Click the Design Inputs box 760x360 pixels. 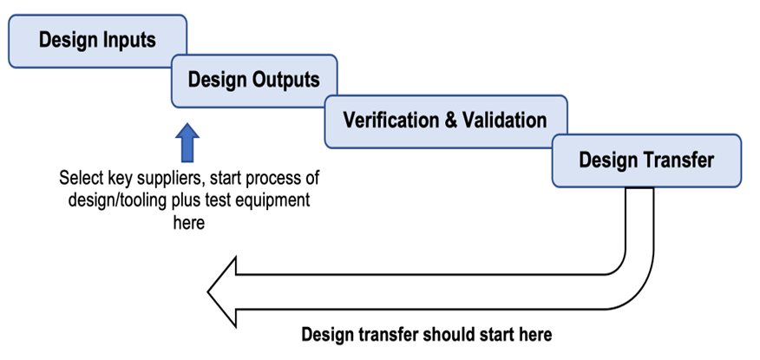[x=97, y=41]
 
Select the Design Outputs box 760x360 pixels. [x=254, y=81]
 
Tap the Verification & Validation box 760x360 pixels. [x=445, y=121]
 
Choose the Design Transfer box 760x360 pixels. [x=646, y=160]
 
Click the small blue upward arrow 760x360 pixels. [x=187, y=142]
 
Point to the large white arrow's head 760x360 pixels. [x=222, y=292]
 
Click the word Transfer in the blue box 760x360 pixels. [x=679, y=160]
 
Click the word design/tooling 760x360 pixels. [x=122, y=200]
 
